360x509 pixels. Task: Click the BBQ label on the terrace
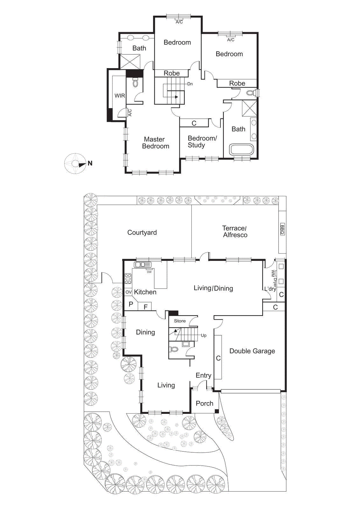282,229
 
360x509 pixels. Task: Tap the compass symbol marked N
76,164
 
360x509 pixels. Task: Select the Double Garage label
252,351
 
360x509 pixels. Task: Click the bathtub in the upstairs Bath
242,150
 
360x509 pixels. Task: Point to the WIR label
120,95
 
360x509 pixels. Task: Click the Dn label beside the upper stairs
190,84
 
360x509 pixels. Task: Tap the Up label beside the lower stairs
204,335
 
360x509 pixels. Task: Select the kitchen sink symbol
143,265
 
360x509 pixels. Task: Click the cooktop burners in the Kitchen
128,279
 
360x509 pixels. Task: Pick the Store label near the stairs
180,321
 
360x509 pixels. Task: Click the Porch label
204,403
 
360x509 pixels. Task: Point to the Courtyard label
142,233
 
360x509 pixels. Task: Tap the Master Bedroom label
155,143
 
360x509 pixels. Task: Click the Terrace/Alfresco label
235,232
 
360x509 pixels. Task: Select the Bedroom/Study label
202,142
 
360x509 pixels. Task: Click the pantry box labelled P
130,304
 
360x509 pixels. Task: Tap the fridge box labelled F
146,307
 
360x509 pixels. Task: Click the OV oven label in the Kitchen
128,292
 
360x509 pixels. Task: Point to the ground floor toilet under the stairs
175,349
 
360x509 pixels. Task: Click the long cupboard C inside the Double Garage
218,358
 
